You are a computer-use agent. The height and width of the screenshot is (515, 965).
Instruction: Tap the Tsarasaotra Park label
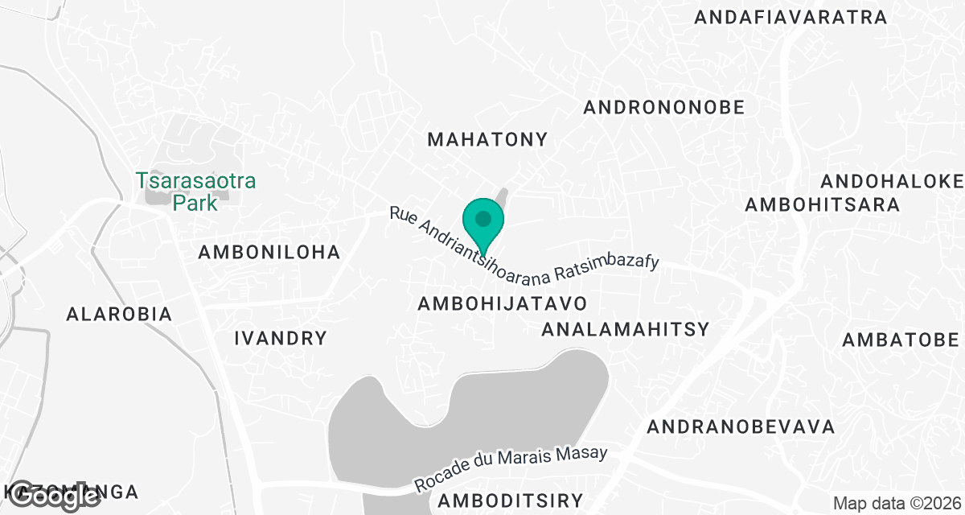click(x=195, y=192)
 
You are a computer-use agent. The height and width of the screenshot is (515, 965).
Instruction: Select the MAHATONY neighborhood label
click(x=487, y=139)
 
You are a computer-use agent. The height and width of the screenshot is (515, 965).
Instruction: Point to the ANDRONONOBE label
click(x=664, y=107)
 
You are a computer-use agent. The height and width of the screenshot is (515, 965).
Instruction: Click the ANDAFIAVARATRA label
click(x=790, y=17)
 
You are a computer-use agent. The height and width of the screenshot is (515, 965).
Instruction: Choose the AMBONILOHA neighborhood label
click(x=269, y=253)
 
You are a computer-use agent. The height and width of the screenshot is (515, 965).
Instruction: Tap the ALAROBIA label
click(x=120, y=314)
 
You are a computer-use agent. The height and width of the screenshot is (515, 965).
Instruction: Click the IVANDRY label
click(x=281, y=338)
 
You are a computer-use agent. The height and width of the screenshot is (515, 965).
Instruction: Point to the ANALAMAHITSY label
click(x=625, y=329)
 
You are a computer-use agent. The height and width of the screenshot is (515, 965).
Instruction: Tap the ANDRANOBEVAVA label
click(x=741, y=426)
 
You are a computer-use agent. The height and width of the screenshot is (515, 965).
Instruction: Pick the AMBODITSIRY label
click(x=510, y=501)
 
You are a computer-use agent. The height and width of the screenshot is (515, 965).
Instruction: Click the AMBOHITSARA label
click(x=822, y=204)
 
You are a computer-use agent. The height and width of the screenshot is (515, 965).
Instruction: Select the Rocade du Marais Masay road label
click(x=511, y=470)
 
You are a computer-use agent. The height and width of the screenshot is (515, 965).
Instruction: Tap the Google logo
click(x=55, y=496)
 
